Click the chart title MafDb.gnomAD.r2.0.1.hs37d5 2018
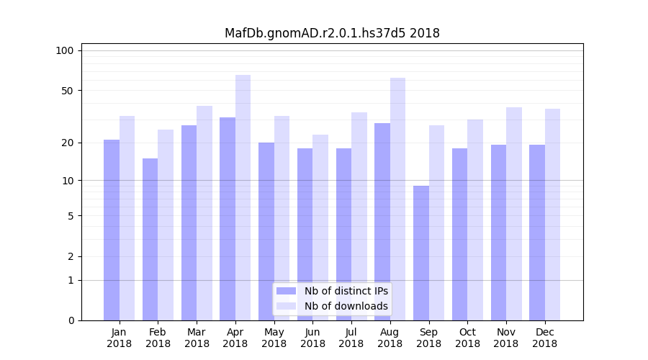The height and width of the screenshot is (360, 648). tap(332, 33)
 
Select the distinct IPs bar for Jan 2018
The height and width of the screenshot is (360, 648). tap(112, 230)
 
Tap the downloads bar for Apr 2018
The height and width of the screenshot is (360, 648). tap(243, 197)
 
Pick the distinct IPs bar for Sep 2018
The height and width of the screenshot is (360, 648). tap(421, 253)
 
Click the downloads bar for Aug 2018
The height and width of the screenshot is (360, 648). tap(397, 199)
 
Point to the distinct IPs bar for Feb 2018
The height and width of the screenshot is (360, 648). tap(150, 239)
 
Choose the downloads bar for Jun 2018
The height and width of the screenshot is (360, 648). tap(320, 227)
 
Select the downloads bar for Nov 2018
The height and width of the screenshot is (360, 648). tap(514, 213)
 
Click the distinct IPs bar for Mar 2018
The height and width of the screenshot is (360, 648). tap(189, 222)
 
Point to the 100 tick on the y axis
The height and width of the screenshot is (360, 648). tap(65, 50)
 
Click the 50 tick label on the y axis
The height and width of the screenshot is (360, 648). tap(67, 91)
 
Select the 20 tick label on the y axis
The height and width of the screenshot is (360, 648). tap(67, 143)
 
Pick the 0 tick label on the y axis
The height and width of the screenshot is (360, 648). tap(71, 320)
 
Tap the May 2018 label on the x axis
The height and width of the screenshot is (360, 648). tap(274, 338)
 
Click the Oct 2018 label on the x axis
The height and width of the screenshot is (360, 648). tap(467, 338)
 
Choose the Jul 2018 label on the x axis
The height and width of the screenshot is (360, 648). tap(351, 338)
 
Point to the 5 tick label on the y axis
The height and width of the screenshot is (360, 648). tap(71, 215)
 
